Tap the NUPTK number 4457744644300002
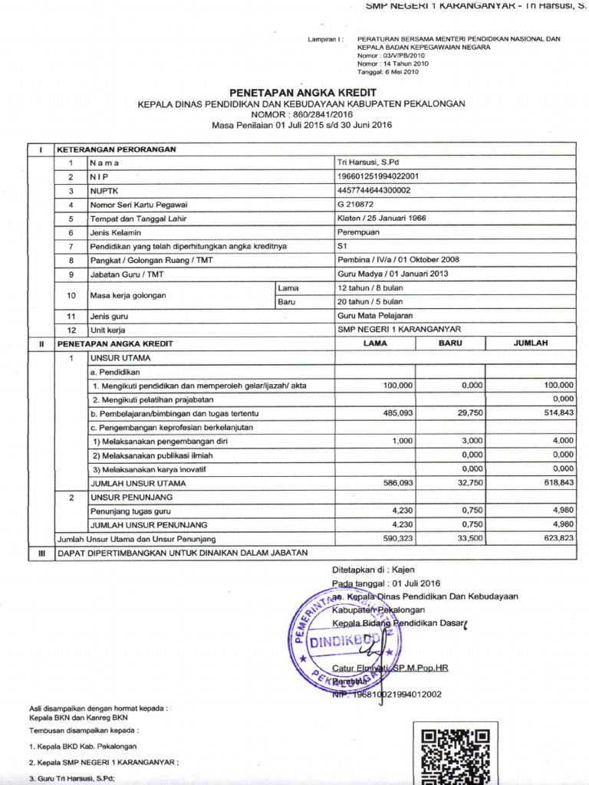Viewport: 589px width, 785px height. [x=373, y=190]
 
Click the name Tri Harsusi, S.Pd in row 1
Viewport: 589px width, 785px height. [x=365, y=163]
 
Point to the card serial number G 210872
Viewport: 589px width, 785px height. [x=357, y=205]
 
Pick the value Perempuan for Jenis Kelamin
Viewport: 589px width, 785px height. [x=357, y=232]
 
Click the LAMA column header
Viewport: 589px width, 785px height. [x=375, y=343]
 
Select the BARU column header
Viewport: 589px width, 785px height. [x=450, y=343]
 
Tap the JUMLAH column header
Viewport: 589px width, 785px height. [x=531, y=343]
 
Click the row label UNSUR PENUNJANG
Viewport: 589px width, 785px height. [x=121, y=498]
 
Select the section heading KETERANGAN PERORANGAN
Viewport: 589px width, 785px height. [x=117, y=149]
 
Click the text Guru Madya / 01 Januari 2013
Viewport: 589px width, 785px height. [x=393, y=274]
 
